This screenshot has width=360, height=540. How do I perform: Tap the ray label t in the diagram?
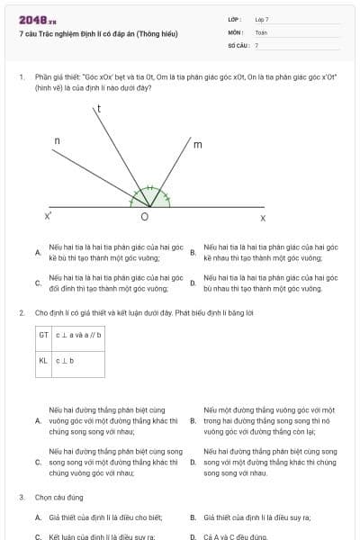click(x=98, y=108)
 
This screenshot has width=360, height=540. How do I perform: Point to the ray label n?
click(x=58, y=141)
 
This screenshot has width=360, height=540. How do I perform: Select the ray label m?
click(x=197, y=144)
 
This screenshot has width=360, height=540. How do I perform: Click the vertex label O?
click(x=145, y=218)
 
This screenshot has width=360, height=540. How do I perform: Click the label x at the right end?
click(x=263, y=218)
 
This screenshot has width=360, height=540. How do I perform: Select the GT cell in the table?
click(x=43, y=335)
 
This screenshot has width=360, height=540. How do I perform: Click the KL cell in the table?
click(x=43, y=361)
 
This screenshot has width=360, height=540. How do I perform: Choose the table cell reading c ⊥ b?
click(x=66, y=361)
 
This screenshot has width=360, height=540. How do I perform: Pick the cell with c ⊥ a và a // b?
click(x=79, y=335)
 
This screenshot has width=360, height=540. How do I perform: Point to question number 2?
click(x=21, y=312)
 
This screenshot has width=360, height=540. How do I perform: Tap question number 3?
click(x=21, y=497)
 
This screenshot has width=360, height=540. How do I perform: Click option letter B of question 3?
click(x=193, y=517)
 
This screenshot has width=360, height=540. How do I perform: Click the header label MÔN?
click(x=236, y=31)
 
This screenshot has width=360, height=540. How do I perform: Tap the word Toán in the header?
click(x=261, y=31)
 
